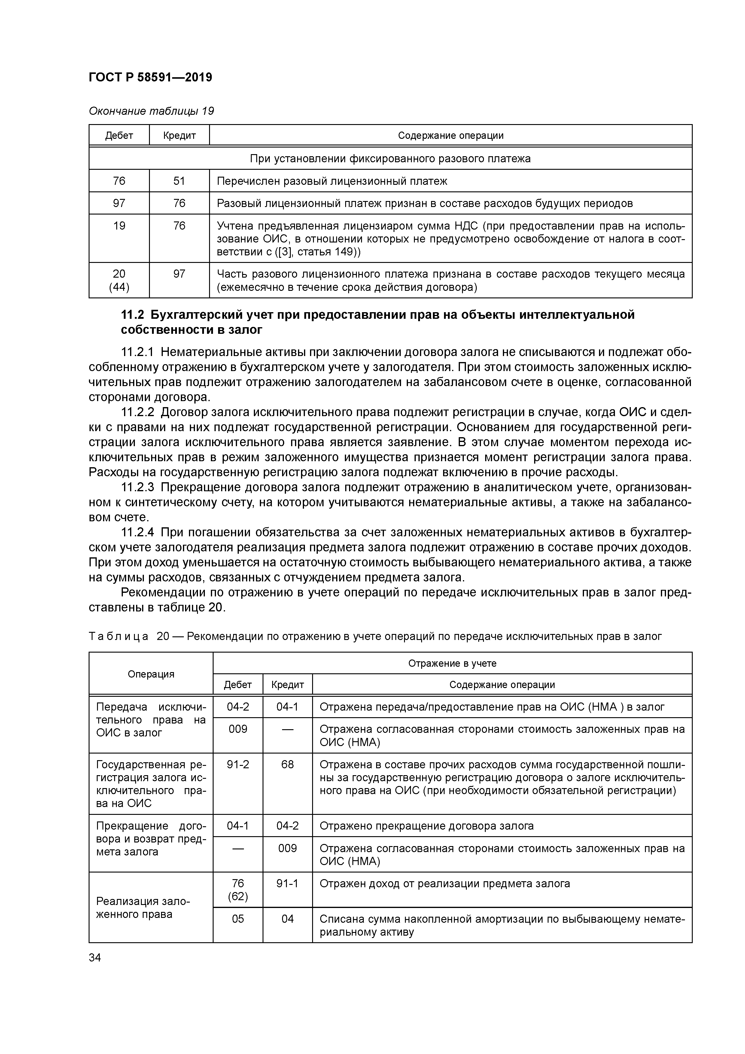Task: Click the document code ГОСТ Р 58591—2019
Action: click(x=150, y=77)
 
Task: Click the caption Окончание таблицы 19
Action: click(x=151, y=111)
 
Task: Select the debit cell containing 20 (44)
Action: click(x=119, y=280)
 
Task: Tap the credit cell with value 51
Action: click(x=179, y=181)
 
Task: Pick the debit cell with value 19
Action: click(x=119, y=226)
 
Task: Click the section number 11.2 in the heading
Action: click(x=132, y=315)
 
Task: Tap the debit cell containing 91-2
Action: click(x=238, y=764)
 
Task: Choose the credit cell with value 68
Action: click(x=287, y=764)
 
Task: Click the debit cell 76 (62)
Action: click(x=238, y=890)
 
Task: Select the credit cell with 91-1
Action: click(x=287, y=883)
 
